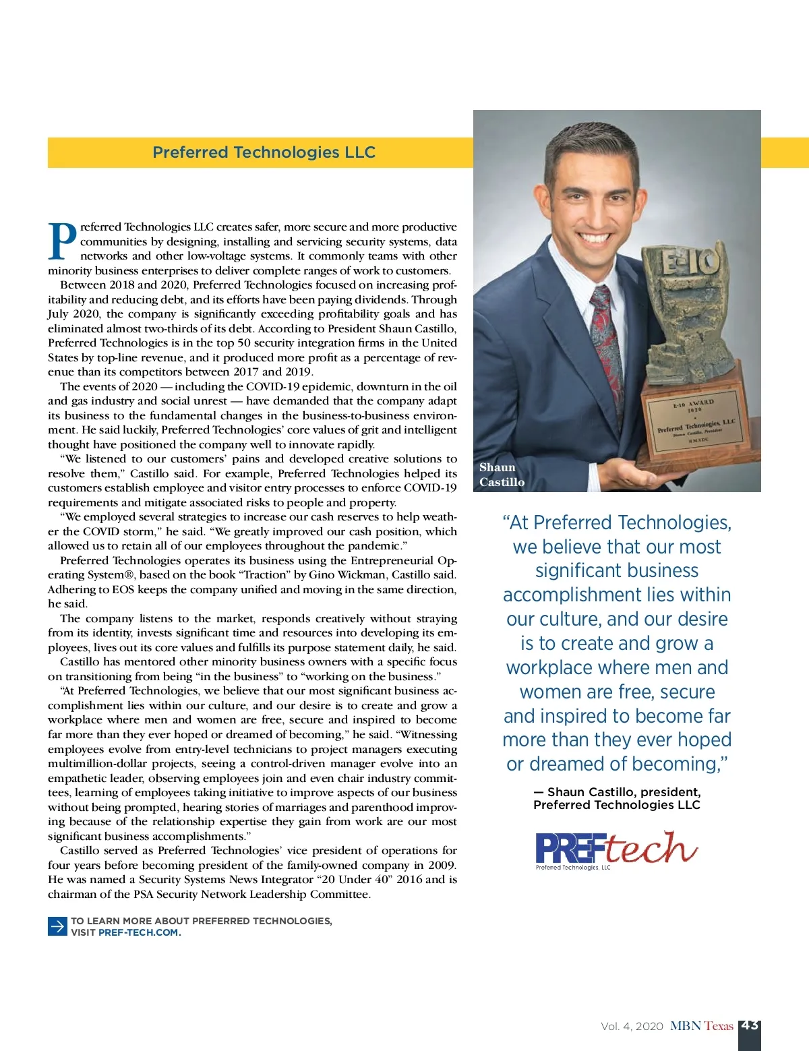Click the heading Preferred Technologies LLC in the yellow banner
coord(264,152)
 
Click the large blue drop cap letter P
coord(63,241)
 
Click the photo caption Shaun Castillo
coord(502,475)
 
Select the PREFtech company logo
coord(616,849)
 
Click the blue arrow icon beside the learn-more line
coord(57,926)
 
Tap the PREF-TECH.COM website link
coord(138,932)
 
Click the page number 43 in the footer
coord(750,1025)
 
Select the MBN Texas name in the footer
coord(701,1026)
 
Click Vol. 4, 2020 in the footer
coord(632,1026)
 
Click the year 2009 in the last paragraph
coord(441,865)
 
